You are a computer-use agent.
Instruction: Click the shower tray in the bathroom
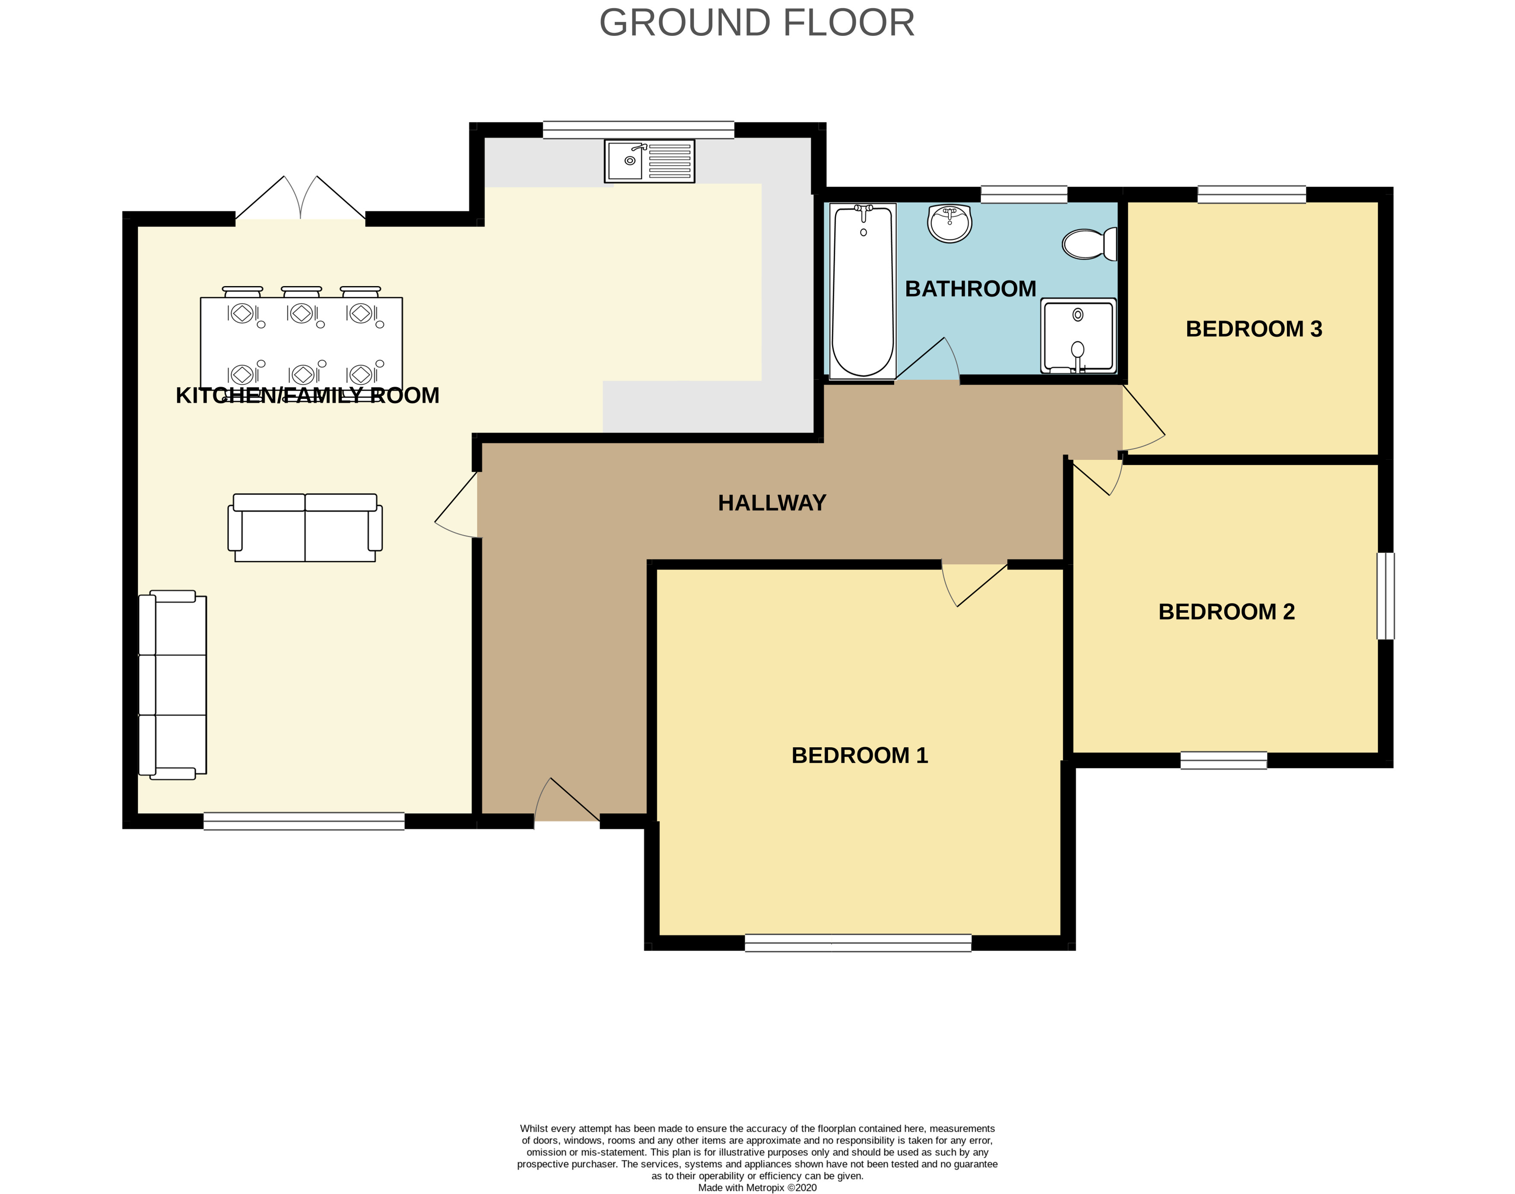1078,335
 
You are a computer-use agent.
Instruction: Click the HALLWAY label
772,503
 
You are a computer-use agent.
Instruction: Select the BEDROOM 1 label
860,755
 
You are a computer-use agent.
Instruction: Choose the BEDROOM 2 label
1226,611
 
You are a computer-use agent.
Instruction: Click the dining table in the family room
301,343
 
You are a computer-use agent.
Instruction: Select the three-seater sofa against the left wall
173,685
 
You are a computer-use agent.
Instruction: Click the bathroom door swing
927,359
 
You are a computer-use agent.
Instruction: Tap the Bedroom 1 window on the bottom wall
858,943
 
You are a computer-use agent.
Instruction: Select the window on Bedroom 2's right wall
1386,596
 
